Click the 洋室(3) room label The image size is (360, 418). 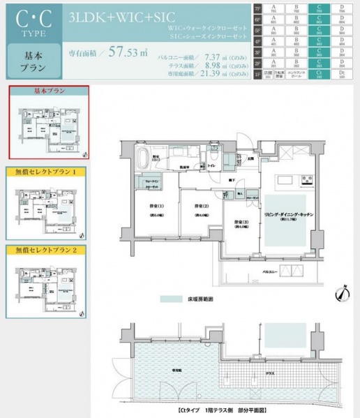point(241,224)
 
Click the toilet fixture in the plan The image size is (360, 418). point(211,159)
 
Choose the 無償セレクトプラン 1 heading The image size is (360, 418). point(46,172)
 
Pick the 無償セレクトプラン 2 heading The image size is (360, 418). point(46,248)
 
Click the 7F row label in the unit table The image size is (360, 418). point(257,10)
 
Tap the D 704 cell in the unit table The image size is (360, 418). point(342,10)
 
